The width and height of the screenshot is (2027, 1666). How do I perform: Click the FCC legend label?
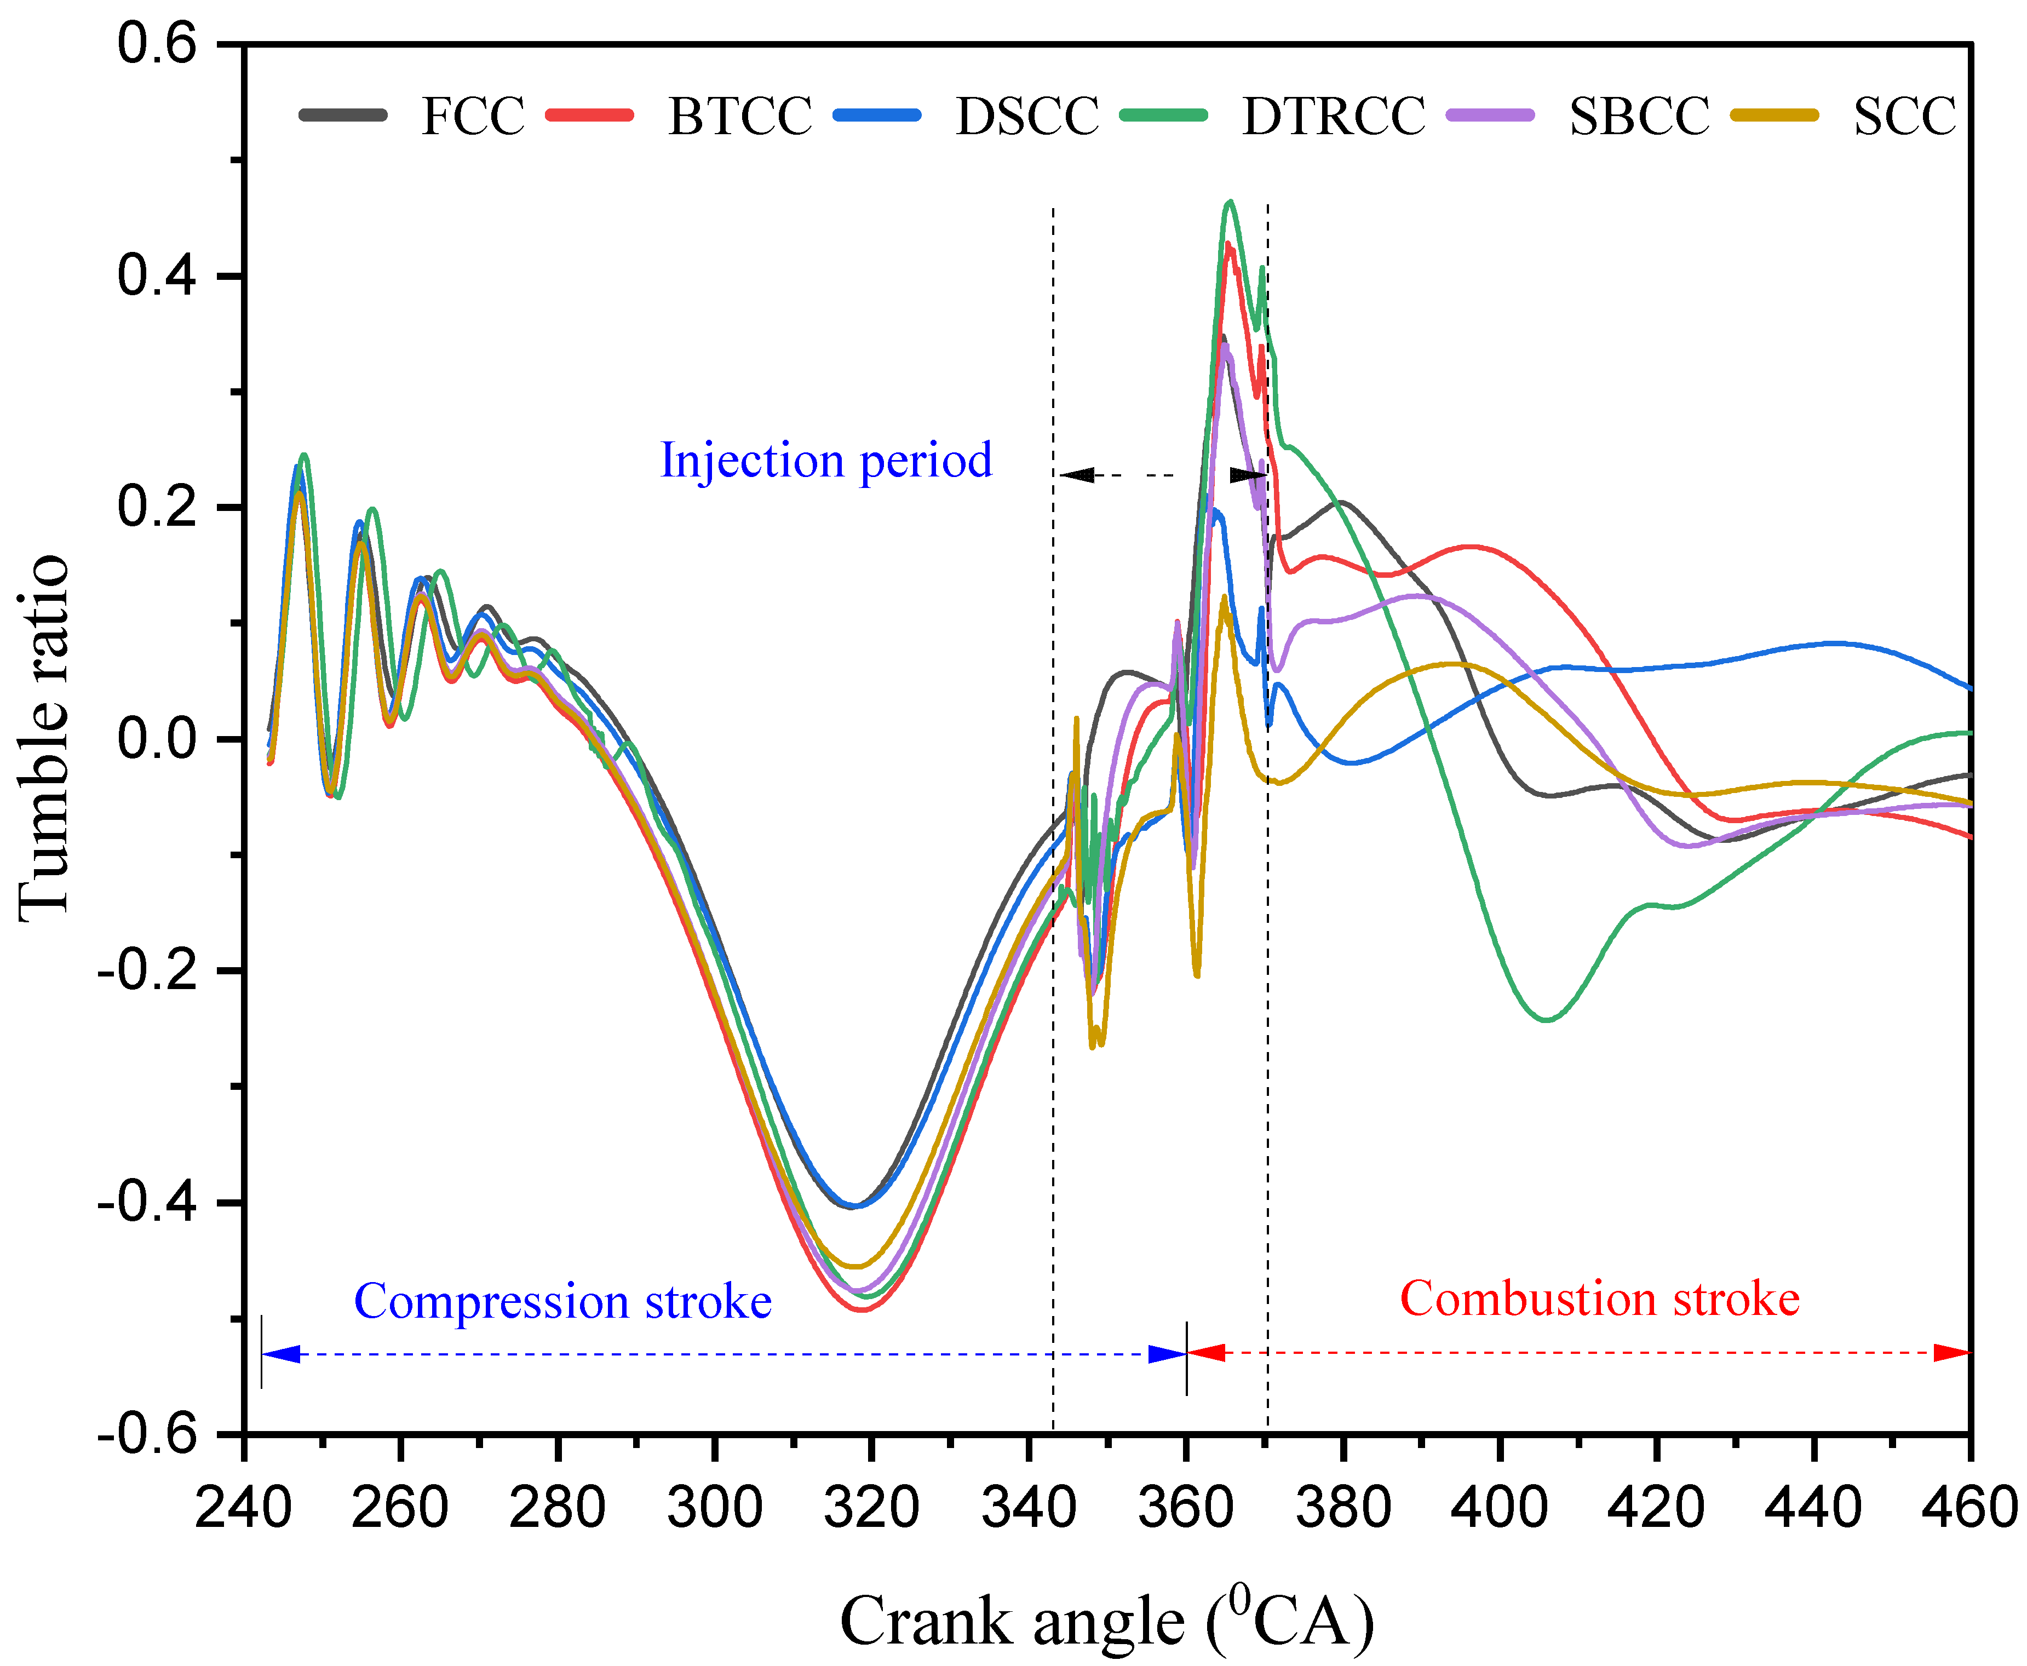(472, 116)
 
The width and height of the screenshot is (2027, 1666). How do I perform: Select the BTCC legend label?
(740, 116)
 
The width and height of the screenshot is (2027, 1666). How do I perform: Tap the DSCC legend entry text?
(1027, 116)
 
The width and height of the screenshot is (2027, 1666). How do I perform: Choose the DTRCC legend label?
(1333, 116)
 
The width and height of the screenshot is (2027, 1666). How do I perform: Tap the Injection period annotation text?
(825, 461)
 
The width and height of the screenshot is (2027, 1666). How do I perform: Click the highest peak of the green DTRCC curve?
(1231, 202)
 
